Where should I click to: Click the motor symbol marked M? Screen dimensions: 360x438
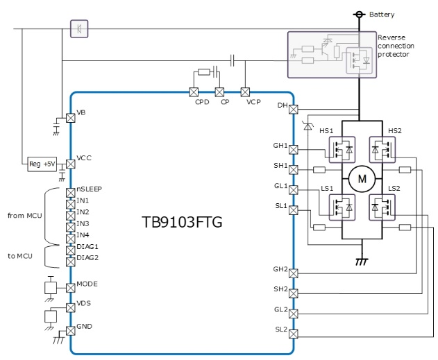click(x=362, y=178)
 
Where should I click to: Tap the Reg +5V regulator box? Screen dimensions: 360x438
click(x=40, y=164)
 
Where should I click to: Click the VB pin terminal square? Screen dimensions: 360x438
click(x=70, y=118)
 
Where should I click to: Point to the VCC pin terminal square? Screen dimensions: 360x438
click(x=70, y=164)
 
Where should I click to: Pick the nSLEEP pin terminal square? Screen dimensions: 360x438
click(x=70, y=192)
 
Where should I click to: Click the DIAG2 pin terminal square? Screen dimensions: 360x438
click(x=70, y=261)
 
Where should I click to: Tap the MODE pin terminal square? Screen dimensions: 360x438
click(x=70, y=287)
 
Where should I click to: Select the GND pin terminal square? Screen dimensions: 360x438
click(x=70, y=330)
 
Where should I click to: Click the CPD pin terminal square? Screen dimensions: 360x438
click(x=194, y=92)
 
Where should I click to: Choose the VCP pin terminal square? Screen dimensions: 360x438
click(x=245, y=92)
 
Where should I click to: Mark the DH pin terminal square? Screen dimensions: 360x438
click(x=293, y=109)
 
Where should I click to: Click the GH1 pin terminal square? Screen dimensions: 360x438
click(x=293, y=149)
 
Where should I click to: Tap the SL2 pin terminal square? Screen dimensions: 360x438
click(x=293, y=334)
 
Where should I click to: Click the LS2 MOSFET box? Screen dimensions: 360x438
click(x=381, y=206)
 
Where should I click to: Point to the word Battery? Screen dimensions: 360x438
click(x=381, y=14)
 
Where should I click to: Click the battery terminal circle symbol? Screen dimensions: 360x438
click(x=360, y=14)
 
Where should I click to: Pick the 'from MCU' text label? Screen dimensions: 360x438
click(x=25, y=216)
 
